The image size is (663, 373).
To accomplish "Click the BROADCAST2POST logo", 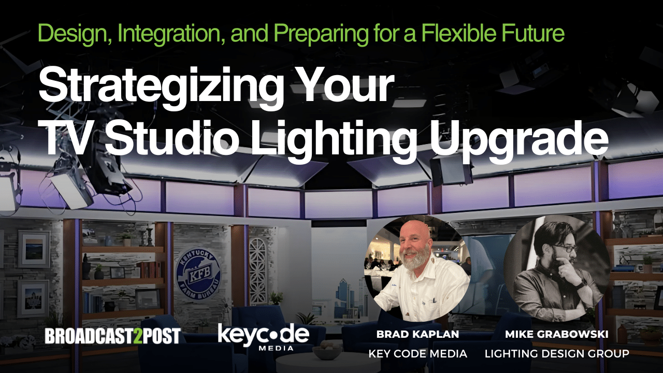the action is tap(112, 336).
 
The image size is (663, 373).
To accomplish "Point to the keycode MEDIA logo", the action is tap(264, 337).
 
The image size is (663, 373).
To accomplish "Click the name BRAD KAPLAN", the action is tap(417, 334).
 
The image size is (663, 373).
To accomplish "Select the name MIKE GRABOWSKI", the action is tap(557, 334).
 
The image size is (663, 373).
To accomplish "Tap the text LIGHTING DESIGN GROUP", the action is tap(557, 353).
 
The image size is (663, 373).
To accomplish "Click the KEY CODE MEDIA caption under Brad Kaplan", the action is tap(417, 353).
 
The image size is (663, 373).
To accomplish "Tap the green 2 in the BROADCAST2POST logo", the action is tap(137, 336).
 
